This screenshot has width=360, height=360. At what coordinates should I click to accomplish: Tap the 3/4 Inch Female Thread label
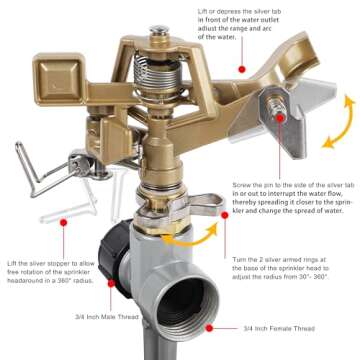tap(277, 327)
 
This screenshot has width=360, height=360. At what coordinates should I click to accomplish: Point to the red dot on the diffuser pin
tap(280, 117)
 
